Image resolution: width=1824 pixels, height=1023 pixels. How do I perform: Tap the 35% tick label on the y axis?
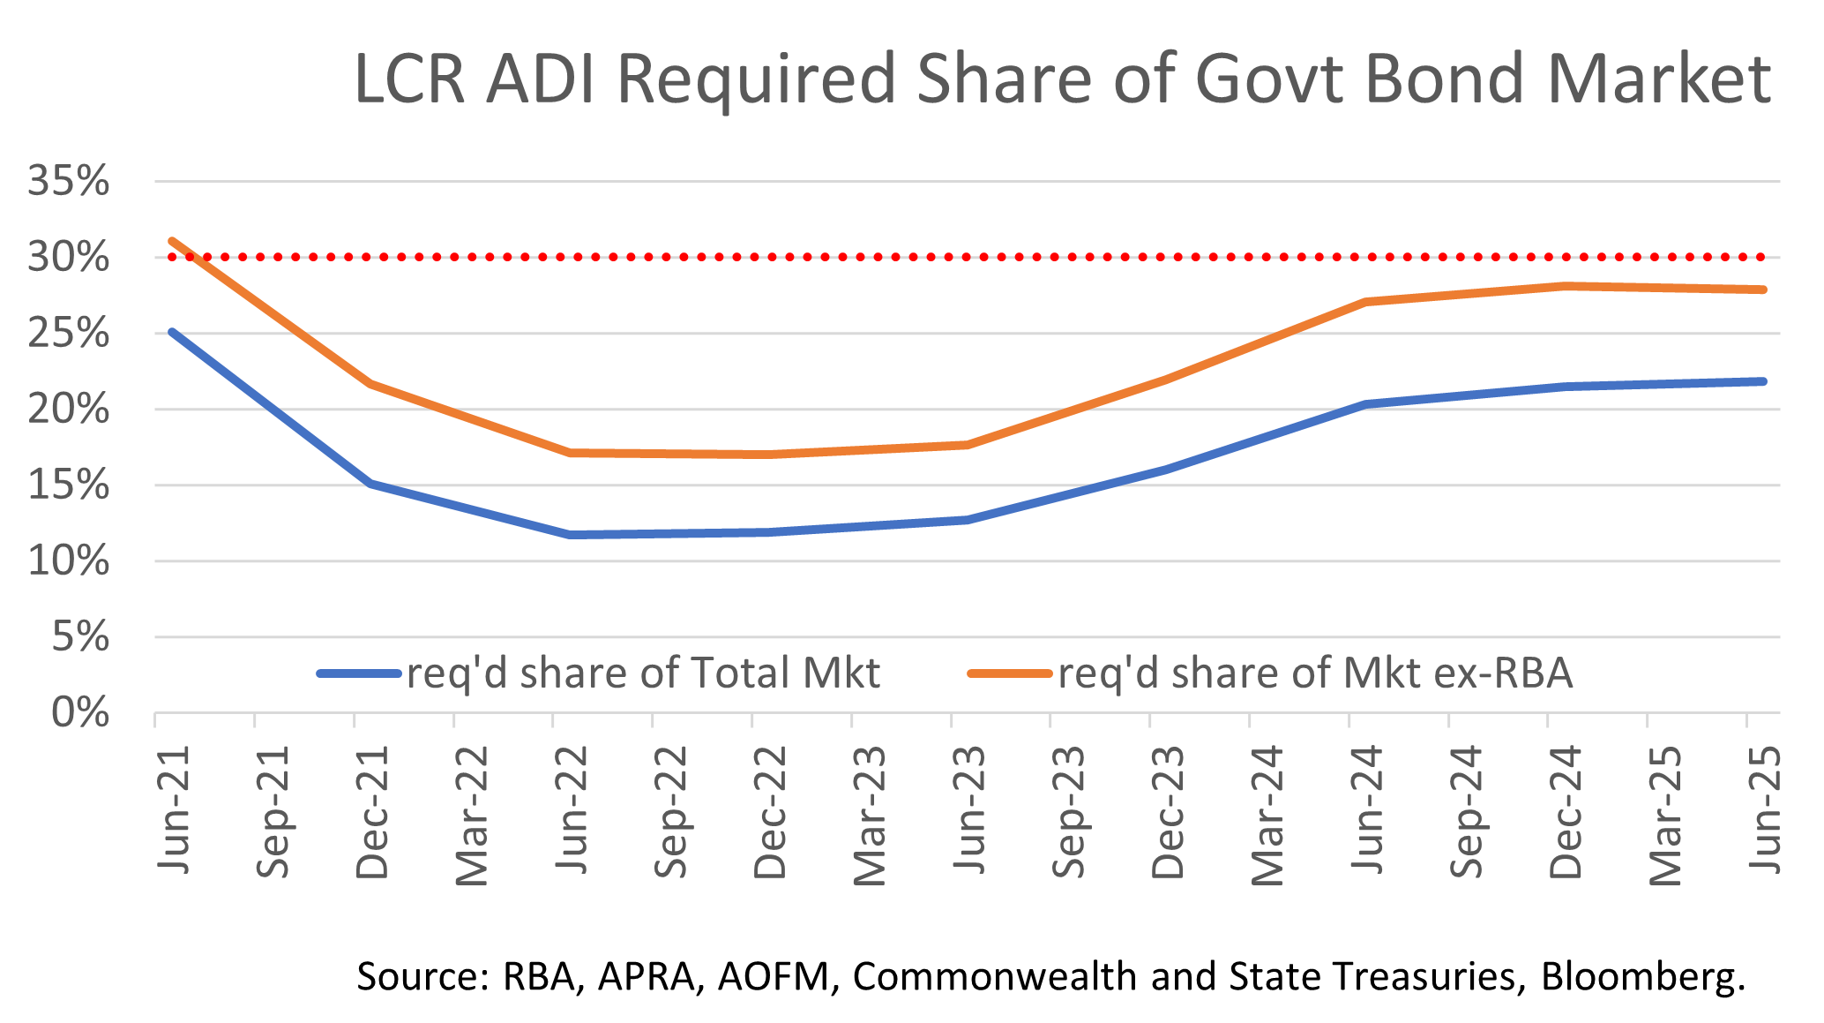(69, 182)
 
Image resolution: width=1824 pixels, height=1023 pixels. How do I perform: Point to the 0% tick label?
(80, 712)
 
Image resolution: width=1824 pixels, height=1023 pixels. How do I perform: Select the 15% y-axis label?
(69, 485)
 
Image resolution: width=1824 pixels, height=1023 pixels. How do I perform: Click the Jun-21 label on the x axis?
(174, 810)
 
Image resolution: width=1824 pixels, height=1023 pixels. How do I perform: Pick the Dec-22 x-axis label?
(770, 812)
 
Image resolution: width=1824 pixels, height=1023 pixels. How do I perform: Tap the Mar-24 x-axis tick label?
(1267, 815)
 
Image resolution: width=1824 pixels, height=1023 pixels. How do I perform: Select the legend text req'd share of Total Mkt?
(643, 673)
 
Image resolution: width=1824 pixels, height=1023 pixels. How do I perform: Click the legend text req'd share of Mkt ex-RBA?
(1315, 673)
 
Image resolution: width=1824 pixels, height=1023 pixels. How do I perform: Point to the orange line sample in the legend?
(1011, 673)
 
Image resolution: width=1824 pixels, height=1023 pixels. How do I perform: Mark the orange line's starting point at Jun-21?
(171, 240)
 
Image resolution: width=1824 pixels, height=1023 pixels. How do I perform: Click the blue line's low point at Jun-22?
(571, 535)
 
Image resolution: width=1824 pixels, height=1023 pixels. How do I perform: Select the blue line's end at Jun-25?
(1763, 381)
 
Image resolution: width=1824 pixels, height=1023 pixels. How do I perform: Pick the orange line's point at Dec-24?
(1565, 286)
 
